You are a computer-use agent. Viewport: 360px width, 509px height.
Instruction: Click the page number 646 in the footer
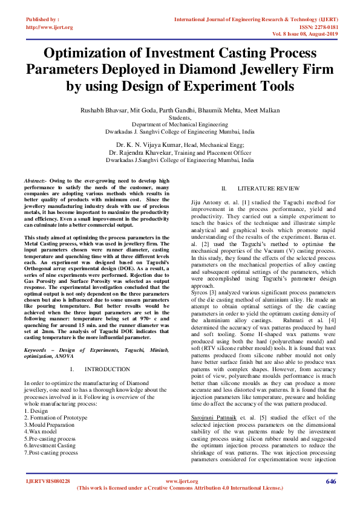tap(330, 481)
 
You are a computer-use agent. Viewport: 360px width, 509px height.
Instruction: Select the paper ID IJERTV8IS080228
tap(47, 481)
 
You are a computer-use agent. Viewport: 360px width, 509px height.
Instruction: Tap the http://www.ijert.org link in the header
tap(50, 27)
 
